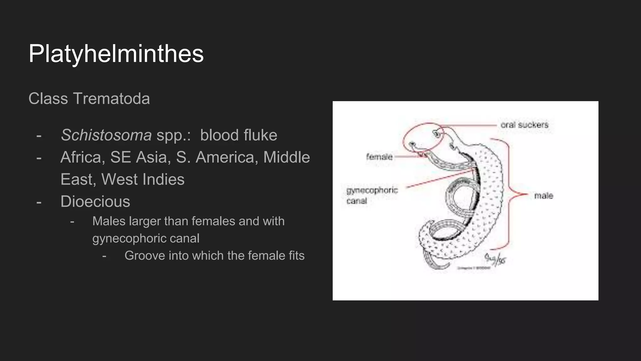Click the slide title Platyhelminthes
116,54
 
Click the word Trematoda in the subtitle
111,99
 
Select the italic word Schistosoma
106,135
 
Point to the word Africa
83,157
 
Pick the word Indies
163,180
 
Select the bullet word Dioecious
95,201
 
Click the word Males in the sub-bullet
109,221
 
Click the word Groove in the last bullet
145,256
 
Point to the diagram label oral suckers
525,125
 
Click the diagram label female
379,156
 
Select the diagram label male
544,196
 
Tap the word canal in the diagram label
356,201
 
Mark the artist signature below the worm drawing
495,259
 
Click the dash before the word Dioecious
39,202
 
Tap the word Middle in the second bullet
286,157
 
